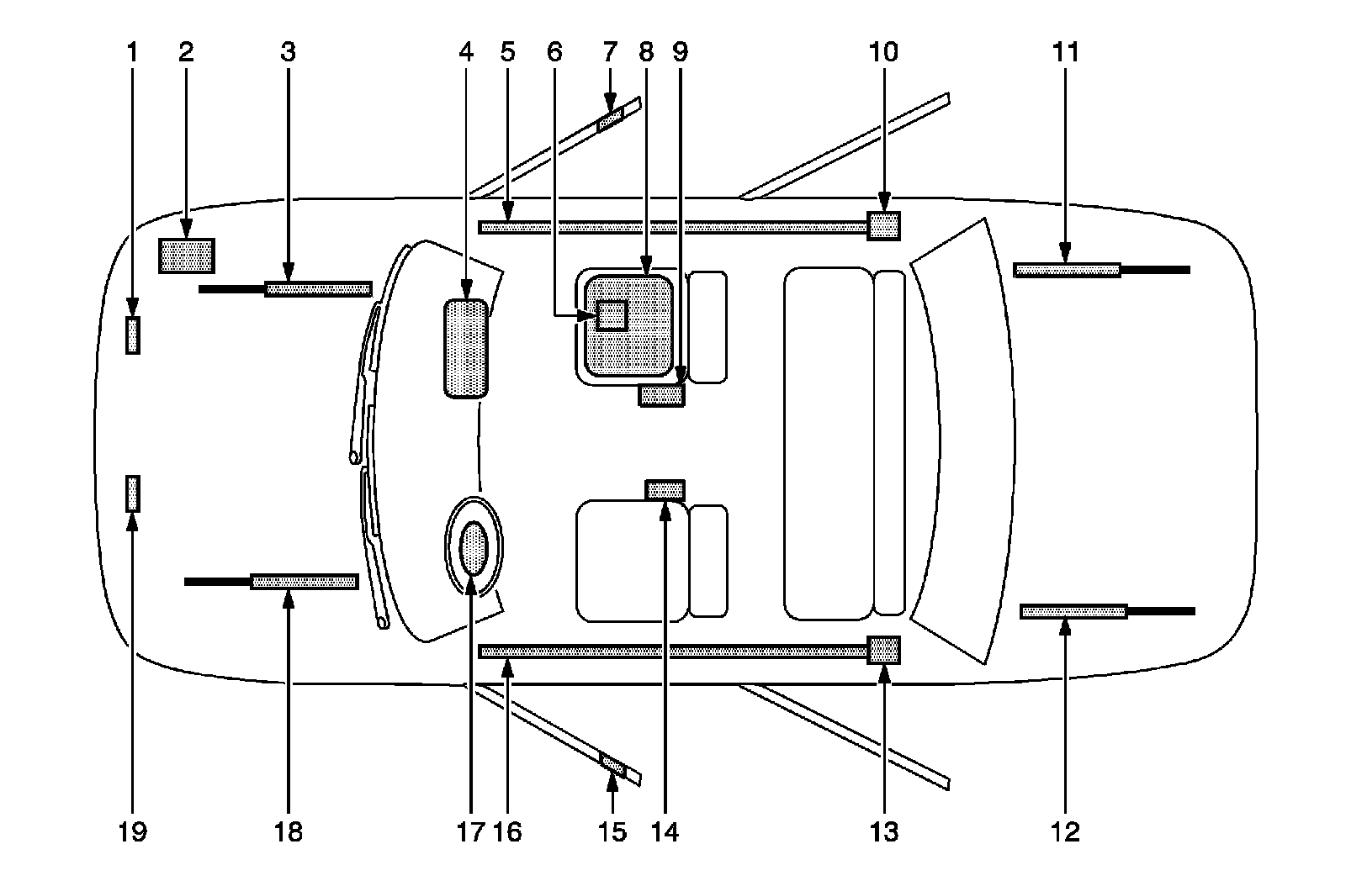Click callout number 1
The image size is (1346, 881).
click(131, 52)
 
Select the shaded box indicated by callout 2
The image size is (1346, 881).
click(187, 255)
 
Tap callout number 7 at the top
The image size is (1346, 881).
click(611, 52)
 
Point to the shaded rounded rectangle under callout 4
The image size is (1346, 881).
click(466, 347)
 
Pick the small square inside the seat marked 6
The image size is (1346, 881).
click(612, 315)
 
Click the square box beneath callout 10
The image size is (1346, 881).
click(884, 225)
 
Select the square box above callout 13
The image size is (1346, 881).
click(884, 650)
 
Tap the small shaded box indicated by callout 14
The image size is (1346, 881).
click(665, 489)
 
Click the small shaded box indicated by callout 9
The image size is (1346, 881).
click(661, 394)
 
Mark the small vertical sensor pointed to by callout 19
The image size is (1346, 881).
click(133, 493)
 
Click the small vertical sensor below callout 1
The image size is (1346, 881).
click(133, 335)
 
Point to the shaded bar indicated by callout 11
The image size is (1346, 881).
click(1067, 270)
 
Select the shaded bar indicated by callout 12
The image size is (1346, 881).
click(1073, 611)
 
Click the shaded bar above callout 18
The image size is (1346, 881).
click(305, 582)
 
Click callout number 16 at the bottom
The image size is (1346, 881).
click(508, 831)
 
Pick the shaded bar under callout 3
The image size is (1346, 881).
click(318, 289)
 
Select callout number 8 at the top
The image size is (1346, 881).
click(645, 52)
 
